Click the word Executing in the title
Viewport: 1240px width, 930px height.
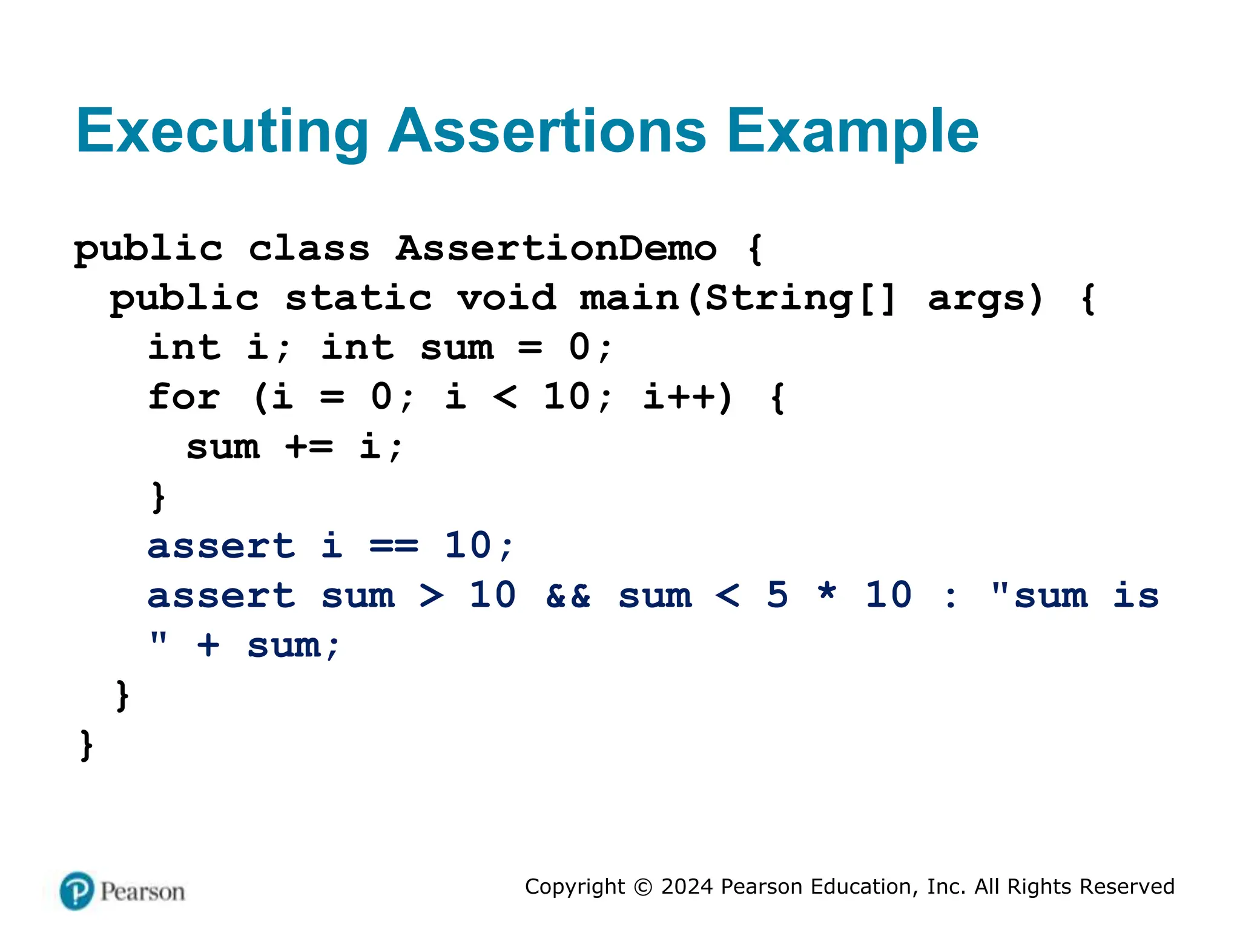(x=222, y=132)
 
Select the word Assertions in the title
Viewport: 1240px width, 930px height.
(x=547, y=131)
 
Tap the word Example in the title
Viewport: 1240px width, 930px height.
(x=852, y=132)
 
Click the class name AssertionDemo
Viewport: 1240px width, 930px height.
(x=556, y=248)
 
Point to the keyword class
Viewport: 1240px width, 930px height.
(x=309, y=248)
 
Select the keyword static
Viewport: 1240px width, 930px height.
(x=358, y=298)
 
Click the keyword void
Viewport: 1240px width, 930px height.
(x=506, y=298)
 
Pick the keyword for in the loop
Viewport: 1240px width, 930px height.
(x=184, y=397)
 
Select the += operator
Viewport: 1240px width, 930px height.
(x=309, y=447)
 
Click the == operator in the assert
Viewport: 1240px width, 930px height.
(x=394, y=546)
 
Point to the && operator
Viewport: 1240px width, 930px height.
(x=568, y=596)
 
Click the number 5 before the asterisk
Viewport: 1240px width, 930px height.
(x=777, y=595)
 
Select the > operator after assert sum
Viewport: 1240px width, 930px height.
(x=432, y=596)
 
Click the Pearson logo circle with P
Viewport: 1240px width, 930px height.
(x=77, y=891)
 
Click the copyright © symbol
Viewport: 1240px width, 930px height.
(x=643, y=887)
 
